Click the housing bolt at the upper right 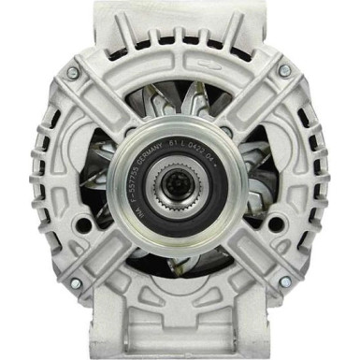(285, 71)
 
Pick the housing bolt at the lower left (75, 283)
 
